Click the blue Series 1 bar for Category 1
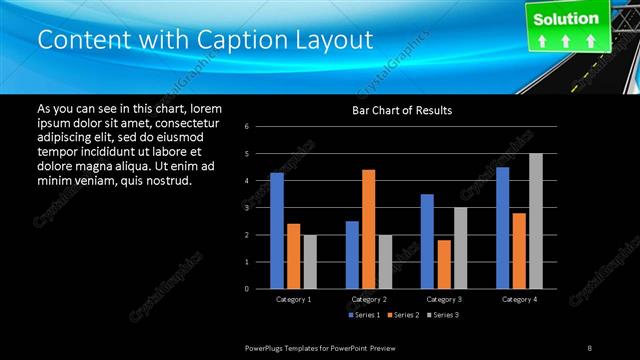tap(277, 231)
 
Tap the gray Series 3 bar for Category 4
tap(535, 221)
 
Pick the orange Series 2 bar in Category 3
tap(443, 264)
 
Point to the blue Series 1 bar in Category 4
tap(502, 228)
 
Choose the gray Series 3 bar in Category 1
tap(310, 262)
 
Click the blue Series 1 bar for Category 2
tap(352, 255)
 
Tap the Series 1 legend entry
tap(364, 315)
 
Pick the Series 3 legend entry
tap(445, 315)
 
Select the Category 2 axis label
tap(369, 299)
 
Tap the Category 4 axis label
tap(519, 299)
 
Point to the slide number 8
tap(590, 346)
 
